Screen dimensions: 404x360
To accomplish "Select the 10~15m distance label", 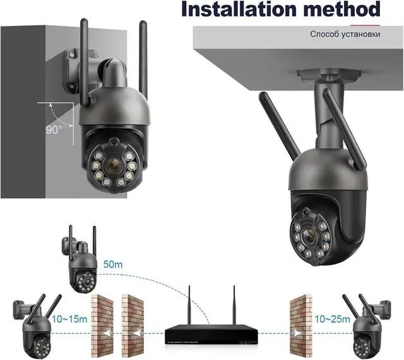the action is pyautogui.click(x=69, y=319).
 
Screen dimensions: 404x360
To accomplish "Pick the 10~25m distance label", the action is pyautogui.click(x=332, y=319).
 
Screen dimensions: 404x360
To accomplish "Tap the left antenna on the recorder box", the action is pyautogui.click(x=189, y=306).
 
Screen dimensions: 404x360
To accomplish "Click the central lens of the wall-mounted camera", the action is pyautogui.click(x=112, y=165).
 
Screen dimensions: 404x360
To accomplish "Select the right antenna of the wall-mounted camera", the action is pyautogui.click(x=143, y=63).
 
